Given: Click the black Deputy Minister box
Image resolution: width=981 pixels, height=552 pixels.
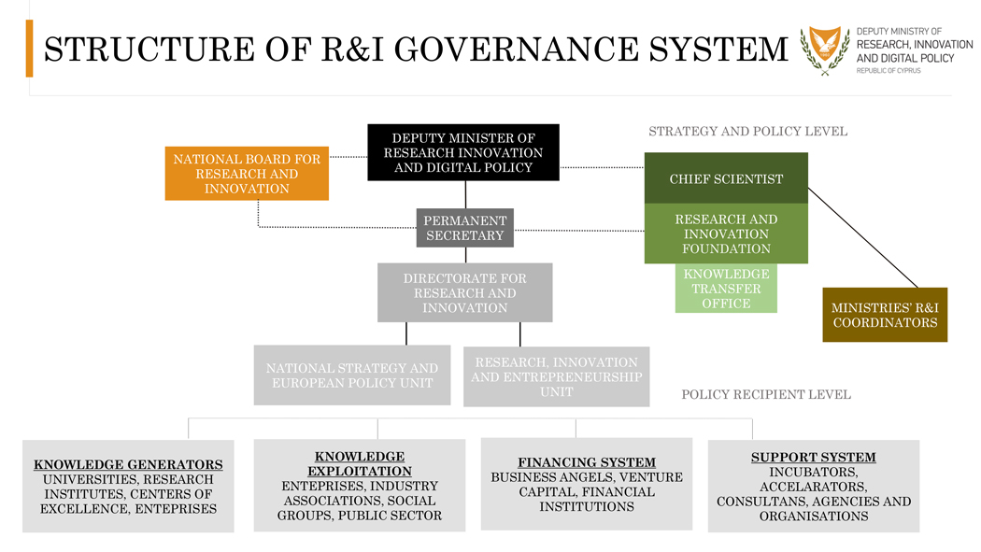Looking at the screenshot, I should tap(462, 152).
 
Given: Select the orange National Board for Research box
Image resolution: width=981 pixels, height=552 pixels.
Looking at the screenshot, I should tap(247, 174).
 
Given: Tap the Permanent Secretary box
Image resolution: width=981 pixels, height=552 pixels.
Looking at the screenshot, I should tap(464, 228).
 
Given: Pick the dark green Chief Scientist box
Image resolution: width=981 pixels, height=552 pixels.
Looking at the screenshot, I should tap(726, 178).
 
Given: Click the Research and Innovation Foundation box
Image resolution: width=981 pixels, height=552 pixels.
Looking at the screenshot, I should tap(726, 234).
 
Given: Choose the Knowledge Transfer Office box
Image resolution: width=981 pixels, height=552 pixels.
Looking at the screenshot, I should tap(726, 289).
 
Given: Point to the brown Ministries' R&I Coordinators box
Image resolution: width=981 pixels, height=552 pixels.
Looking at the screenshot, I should tap(884, 315).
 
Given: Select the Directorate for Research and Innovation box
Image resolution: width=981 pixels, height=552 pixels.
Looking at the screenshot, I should tap(464, 292).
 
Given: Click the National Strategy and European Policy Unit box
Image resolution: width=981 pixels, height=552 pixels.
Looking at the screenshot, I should tap(351, 375).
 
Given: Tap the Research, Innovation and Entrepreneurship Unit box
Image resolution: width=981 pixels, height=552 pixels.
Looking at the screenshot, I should tap(556, 376).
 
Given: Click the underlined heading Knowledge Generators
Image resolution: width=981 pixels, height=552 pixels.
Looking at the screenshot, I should tap(128, 464).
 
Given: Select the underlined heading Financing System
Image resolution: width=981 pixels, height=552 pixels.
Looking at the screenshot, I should tap(587, 462).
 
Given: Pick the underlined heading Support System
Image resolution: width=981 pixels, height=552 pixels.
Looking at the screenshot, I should tap(813, 458).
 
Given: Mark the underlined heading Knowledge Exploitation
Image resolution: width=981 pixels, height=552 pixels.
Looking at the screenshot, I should tap(360, 463).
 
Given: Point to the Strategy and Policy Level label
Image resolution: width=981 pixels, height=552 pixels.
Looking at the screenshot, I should tap(747, 132).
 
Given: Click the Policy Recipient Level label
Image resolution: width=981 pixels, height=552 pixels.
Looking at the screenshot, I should tap(766, 394).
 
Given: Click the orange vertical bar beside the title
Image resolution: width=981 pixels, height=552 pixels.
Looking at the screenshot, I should tap(29, 49).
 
